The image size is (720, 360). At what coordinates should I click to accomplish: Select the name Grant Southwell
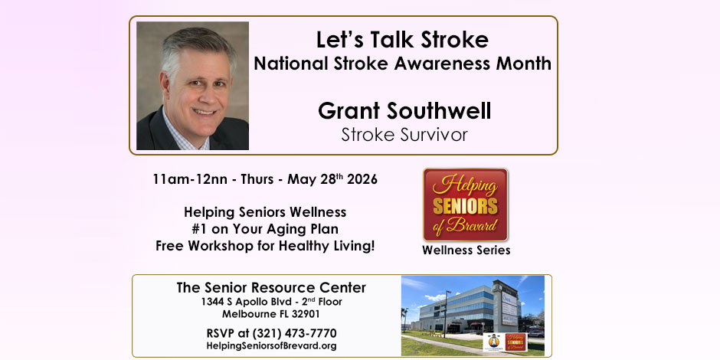(x=404, y=111)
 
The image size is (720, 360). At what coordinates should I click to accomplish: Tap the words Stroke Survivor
(x=404, y=135)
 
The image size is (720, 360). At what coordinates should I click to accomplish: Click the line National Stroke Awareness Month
(x=402, y=64)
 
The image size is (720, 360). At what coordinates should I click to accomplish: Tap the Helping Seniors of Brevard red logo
(x=466, y=205)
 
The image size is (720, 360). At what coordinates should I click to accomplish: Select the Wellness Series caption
(x=466, y=250)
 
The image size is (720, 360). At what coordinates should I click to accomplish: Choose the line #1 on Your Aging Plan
(x=265, y=229)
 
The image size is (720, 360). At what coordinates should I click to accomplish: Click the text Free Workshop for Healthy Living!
(x=265, y=246)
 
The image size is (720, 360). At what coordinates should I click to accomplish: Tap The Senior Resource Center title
(x=271, y=288)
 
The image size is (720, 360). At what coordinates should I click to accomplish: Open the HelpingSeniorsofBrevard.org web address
(x=271, y=346)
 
